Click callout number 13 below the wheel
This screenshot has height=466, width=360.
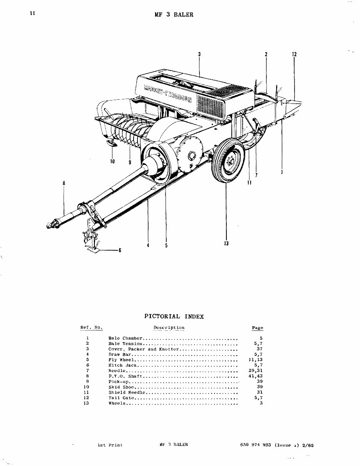[226, 243]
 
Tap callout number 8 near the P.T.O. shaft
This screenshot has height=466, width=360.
[64, 183]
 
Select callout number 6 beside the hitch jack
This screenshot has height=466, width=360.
[120, 250]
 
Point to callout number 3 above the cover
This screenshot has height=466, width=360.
[199, 54]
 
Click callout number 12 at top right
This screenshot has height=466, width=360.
[294, 54]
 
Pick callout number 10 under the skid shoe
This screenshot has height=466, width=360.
[112, 162]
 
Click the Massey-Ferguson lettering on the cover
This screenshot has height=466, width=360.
[167, 92]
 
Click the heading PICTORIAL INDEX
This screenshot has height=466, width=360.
[174, 317]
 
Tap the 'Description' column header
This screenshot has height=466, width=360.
[169, 328]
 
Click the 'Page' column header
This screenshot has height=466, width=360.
[257, 328]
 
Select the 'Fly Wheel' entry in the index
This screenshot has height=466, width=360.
[121, 360]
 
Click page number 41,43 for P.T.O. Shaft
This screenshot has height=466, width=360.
[256, 376]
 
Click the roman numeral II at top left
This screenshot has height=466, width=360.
[32, 13]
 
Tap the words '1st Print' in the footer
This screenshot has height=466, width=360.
[110, 445]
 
